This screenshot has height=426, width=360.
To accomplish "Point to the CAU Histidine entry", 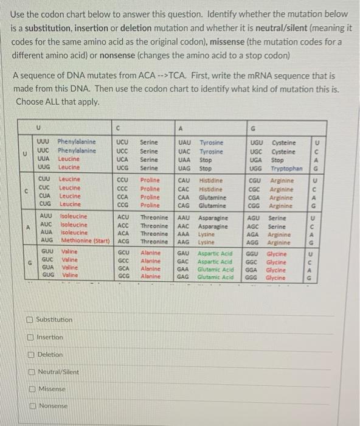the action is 201,181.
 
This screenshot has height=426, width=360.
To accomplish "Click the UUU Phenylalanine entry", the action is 67,142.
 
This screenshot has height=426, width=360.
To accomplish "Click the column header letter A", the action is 181,128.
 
